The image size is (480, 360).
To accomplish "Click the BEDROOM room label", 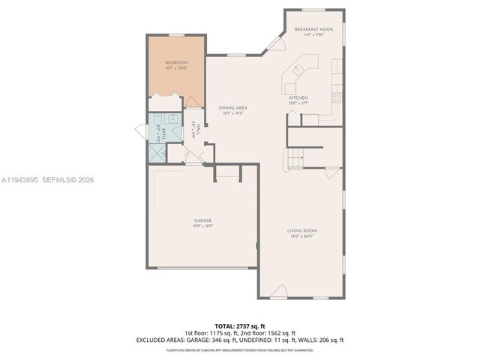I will [175, 62].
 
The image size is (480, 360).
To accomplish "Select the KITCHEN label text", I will [298, 97].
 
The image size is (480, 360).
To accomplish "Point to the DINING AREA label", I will [233, 107].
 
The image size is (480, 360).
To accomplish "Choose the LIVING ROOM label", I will [303, 230].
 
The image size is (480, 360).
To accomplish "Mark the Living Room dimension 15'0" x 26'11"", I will [303, 236].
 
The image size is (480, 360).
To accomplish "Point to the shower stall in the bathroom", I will [157, 153].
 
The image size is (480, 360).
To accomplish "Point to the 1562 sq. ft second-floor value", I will [281, 333].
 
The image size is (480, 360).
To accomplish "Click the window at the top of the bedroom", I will [175, 35].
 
